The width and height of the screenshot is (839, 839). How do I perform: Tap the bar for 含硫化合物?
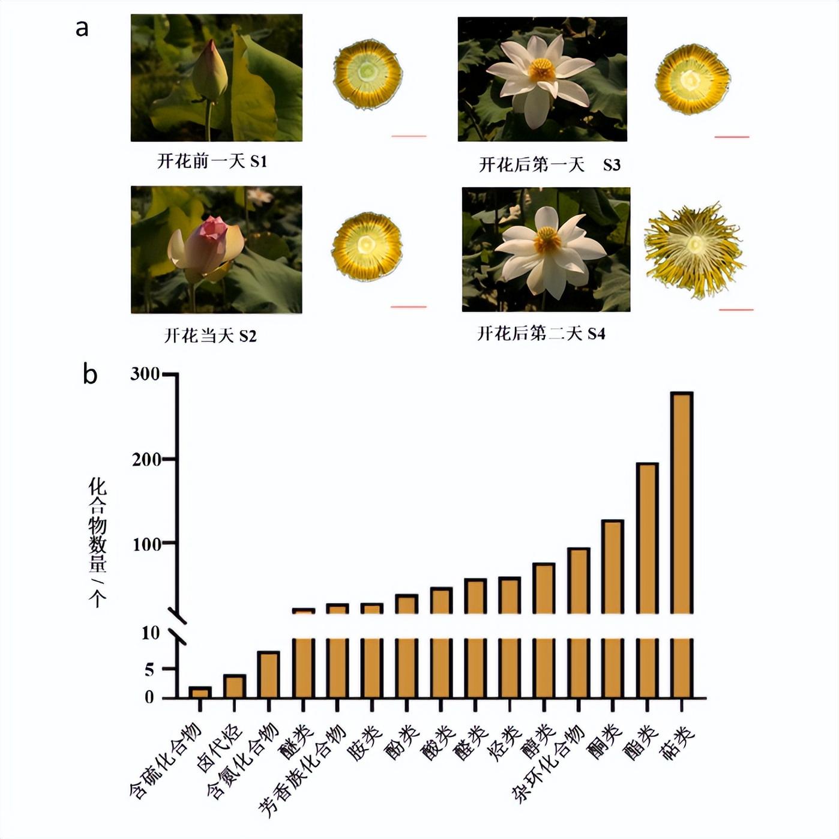coord(200,693)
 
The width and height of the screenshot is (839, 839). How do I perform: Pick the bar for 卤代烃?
coord(235,687)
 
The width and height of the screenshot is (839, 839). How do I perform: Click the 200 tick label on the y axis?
coord(146,460)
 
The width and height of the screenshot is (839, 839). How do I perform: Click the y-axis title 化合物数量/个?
coord(97,542)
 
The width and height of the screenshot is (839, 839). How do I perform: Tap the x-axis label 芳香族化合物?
coord(302,771)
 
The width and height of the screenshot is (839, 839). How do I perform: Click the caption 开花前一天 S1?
coord(212,161)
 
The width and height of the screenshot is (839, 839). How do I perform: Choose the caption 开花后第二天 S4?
coord(541,333)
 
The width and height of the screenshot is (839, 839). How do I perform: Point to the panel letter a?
coord(82,28)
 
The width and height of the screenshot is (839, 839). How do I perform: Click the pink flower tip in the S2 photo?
coord(213,227)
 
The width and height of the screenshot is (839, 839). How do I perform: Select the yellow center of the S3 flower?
coord(541,70)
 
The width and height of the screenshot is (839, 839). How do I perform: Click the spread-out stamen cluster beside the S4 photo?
coord(694,248)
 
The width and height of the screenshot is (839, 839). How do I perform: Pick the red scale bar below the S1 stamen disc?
coord(409,136)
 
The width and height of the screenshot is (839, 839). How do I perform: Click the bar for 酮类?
coord(612,567)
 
